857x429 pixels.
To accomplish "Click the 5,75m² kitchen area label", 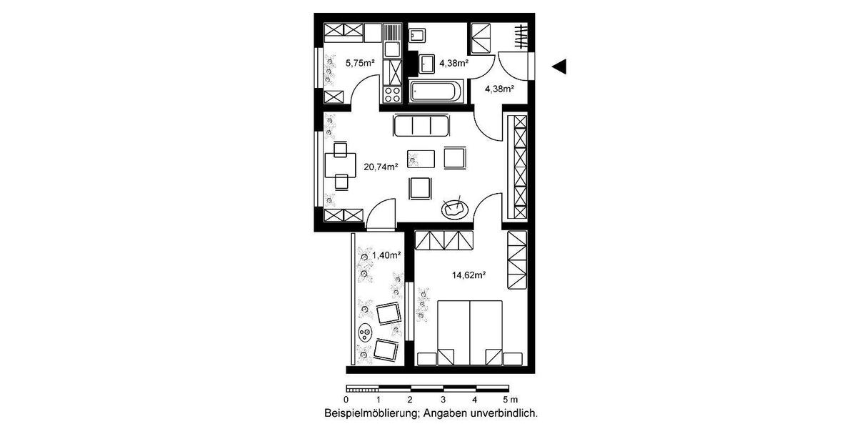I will [x=361, y=63].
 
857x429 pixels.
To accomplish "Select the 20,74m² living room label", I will [x=380, y=167].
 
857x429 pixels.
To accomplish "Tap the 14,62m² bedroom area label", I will [x=469, y=274].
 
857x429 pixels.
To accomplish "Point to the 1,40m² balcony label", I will [x=386, y=255].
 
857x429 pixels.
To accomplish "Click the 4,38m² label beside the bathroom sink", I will [x=453, y=63].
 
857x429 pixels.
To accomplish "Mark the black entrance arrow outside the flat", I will [x=559, y=66].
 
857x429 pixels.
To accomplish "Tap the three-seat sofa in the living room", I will [x=421, y=126].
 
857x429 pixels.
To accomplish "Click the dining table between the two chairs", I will [x=336, y=166].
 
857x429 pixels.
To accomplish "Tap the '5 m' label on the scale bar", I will [x=510, y=400].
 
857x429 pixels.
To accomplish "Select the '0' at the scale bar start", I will [x=346, y=400].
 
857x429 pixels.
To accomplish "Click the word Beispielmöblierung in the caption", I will [x=371, y=413].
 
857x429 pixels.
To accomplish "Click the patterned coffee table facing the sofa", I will [x=421, y=158].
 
